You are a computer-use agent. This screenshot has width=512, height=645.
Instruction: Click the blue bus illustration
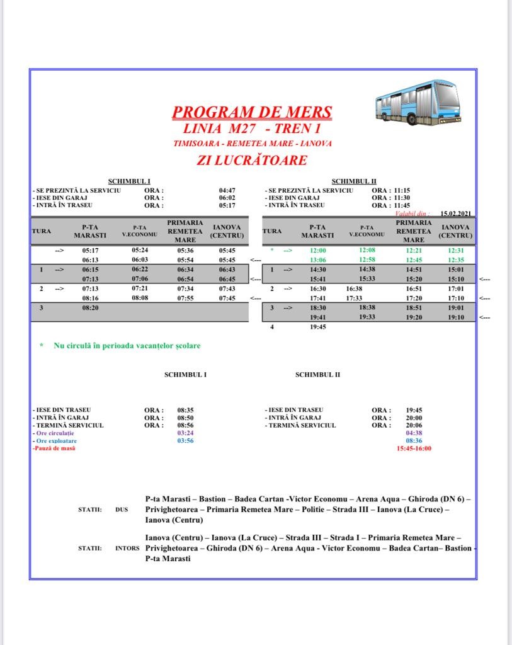point(418,101)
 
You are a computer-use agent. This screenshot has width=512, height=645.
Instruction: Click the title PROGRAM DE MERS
point(252,113)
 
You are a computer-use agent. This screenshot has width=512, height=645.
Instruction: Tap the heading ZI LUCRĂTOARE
point(252,160)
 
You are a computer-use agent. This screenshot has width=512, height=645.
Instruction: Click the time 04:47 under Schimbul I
point(227,190)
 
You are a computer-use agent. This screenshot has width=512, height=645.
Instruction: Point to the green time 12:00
point(318,250)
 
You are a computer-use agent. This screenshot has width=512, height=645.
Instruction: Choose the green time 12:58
point(367,260)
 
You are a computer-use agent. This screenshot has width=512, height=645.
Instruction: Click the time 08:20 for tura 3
point(91,308)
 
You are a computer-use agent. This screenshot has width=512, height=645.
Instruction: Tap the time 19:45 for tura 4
point(318,327)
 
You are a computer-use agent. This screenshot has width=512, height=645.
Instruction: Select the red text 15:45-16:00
point(414,448)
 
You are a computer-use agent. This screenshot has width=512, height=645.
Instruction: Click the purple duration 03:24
point(185,433)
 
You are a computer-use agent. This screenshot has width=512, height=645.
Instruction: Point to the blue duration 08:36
point(414,441)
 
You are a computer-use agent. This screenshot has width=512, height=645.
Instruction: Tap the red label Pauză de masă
point(53,448)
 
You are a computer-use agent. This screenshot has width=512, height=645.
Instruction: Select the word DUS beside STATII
point(122,509)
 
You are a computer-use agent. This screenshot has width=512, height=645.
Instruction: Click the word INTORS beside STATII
point(127,548)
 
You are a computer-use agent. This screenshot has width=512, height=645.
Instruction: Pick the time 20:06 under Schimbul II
point(414,425)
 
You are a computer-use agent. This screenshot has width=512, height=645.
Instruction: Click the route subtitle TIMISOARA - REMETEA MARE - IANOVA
point(252,144)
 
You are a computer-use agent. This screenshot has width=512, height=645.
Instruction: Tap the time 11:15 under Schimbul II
point(401,190)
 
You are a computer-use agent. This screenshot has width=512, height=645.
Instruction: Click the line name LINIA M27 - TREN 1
point(252,129)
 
